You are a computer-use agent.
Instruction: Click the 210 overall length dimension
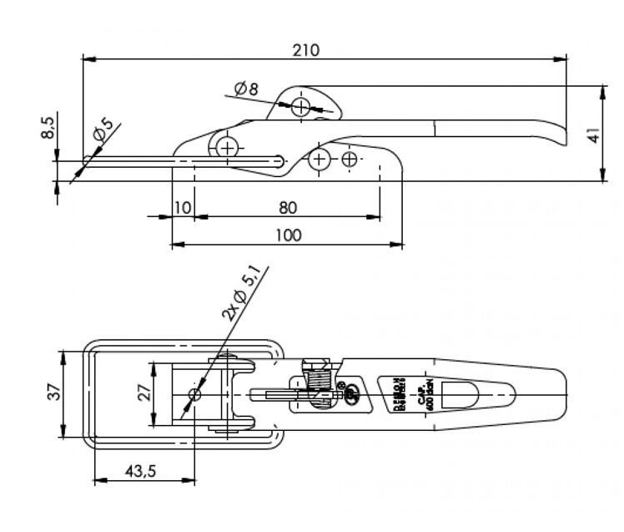click(305, 50)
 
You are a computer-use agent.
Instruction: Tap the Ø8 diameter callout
click(247, 88)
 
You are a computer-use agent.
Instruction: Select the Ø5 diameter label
click(103, 129)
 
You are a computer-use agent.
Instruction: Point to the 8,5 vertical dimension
click(48, 129)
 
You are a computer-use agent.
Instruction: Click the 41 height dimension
click(593, 134)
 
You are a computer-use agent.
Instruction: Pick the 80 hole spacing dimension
click(288, 205)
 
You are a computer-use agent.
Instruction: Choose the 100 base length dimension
click(288, 235)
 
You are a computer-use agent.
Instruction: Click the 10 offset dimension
click(182, 206)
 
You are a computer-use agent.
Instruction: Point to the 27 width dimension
click(143, 393)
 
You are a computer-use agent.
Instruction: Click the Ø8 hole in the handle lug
click(300, 105)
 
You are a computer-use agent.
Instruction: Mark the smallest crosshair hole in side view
click(350, 159)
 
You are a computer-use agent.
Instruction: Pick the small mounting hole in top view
click(195, 393)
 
